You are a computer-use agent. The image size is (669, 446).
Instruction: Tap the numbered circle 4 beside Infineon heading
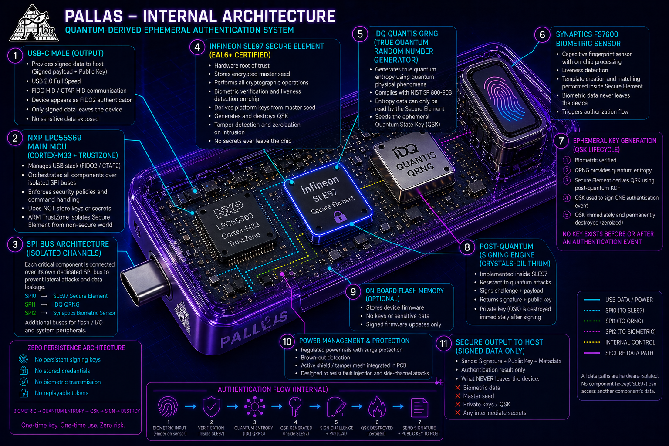click(197, 47)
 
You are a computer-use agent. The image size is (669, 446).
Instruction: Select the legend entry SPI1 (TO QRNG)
click(624, 321)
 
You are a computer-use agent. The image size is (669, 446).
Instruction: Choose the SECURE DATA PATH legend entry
click(629, 353)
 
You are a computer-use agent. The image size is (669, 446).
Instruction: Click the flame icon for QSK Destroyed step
click(377, 408)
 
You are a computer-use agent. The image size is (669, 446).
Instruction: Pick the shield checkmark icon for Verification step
click(211, 408)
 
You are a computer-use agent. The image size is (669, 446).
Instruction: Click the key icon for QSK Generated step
click(295, 408)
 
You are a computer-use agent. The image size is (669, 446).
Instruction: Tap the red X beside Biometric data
click(458, 388)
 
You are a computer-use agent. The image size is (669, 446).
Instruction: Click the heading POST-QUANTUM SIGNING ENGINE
click(514, 255)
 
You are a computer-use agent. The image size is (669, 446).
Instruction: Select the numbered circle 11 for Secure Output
click(443, 344)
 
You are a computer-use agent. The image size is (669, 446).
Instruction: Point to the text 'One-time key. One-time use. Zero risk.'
click(73, 425)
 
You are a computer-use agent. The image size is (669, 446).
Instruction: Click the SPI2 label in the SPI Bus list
click(30, 313)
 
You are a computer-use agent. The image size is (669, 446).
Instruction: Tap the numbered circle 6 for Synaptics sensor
click(542, 35)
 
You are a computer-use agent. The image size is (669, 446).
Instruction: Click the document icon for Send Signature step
click(419, 408)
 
